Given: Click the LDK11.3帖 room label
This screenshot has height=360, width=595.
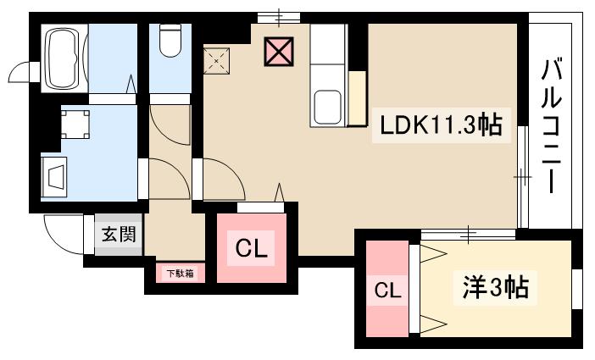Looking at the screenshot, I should pyautogui.click(x=440, y=126).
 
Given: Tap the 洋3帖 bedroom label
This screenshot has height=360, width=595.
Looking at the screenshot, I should pyautogui.click(x=496, y=289).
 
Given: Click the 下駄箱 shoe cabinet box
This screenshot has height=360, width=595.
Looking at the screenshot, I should pyautogui.click(x=179, y=274).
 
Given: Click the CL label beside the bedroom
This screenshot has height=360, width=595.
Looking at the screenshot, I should pyautogui.click(x=387, y=291).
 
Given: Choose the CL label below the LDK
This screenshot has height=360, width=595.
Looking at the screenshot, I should pyautogui.click(x=252, y=249).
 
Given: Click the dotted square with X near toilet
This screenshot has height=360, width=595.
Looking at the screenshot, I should pyautogui.click(x=218, y=58).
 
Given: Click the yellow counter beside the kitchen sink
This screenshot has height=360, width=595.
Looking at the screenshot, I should pyautogui.click(x=357, y=99).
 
